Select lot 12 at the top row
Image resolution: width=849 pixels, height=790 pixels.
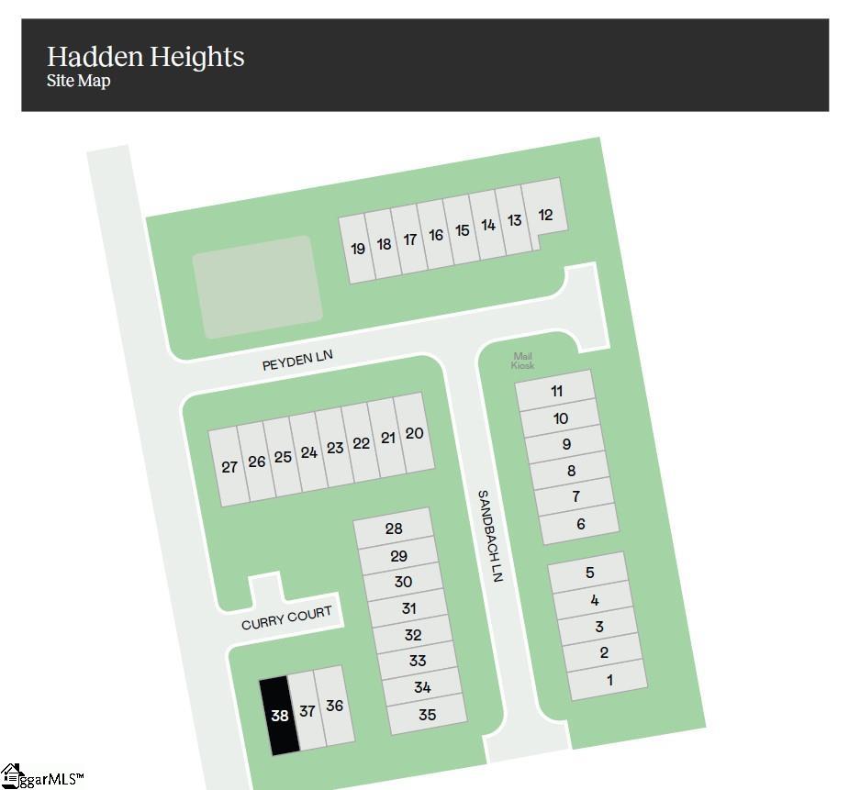pyautogui.click(x=546, y=215)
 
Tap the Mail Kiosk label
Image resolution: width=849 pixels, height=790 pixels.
pyautogui.click(x=522, y=361)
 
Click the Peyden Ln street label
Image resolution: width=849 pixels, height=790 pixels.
pyautogui.click(x=296, y=361)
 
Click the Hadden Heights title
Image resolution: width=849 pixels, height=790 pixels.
pyautogui.click(x=146, y=57)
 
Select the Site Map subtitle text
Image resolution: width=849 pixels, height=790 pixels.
pyautogui.click(x=78, y=81)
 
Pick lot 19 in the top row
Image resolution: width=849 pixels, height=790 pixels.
pyautogui.click(x=358, y=248)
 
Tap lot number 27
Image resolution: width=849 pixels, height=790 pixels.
pyautogui.click(x=229, y=467)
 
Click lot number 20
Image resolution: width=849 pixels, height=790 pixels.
pyautogui.click(x=414, y=432)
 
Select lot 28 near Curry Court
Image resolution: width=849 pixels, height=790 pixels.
pyautogui.click(x=394, y=529)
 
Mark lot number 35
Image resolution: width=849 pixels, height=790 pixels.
pyautogui.click(x=427, y=715)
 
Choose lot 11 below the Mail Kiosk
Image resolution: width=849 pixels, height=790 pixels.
pyautogui.click(x=557, y=391)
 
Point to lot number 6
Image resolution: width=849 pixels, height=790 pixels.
pyautogui.click(x=581, y=524)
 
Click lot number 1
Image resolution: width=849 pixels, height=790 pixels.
pyautogui.click(x=609, y=680)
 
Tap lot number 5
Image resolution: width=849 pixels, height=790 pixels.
pyautogui.click(x=589, y=573)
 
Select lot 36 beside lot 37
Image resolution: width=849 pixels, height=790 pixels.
pyautogui.click(x=335, y=706)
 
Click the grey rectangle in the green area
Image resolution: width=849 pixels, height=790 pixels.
pyautogui.click(x=257, y=286)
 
